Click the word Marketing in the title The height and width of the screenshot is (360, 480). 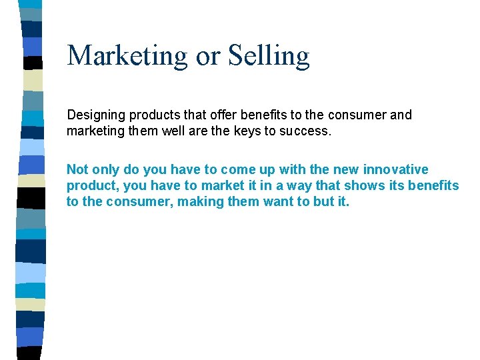tap(127, 56)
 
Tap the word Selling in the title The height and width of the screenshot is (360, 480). tap(269, 56)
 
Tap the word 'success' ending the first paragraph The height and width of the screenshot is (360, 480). tap(303, 131)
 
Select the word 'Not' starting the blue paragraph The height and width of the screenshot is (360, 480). tap(77, 169)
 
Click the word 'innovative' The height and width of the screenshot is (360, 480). tap(395, 169)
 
